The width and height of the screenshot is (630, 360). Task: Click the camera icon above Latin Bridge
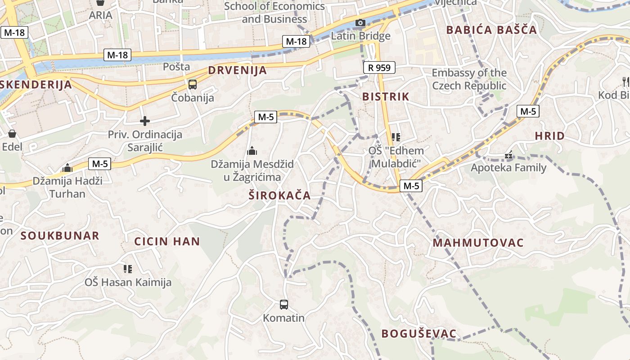pos(360,23)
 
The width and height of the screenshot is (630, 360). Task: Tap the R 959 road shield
pos(379,67)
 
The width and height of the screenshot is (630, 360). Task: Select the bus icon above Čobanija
pos(193,84)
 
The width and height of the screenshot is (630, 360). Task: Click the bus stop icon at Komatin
pos(284,305)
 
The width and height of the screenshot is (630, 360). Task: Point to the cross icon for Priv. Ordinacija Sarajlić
pos(145,121)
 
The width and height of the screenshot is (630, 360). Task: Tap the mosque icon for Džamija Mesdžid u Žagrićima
pos(252,151)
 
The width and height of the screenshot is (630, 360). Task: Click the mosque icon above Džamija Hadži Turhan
pos(67,168)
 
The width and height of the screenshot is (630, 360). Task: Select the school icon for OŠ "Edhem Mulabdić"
pos(396,137)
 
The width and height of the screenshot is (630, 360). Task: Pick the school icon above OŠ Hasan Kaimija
pos(128,269)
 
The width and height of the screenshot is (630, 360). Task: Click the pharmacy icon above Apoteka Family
pos(509,155)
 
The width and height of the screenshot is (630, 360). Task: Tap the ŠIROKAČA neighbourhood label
pos(279,195)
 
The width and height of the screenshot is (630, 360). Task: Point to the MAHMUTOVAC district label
pos(478,243)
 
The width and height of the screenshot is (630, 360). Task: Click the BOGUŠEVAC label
pos(419,334)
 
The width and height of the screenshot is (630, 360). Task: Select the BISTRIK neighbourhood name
pos(386,96)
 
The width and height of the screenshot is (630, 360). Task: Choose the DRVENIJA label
pos(237,71)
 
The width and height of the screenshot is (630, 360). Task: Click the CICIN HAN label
pos(167,241)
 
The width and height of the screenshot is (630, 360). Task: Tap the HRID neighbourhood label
pos(549,136)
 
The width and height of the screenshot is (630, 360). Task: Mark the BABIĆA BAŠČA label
pos(491,30)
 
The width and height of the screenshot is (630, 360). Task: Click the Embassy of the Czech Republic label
pos(469,79)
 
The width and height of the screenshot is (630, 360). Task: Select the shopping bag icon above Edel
pos(12,134)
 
